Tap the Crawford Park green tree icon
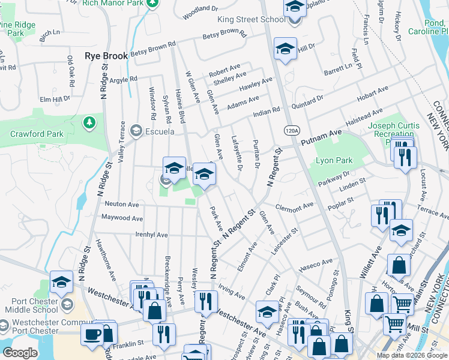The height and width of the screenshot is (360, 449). coord(89,122)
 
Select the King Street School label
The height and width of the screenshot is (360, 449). coord(251,19)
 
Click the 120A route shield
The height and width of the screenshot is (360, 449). coord(291,130)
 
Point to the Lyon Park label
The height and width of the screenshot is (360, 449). coord(334,161)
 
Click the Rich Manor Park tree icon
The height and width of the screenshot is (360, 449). coord(154,3)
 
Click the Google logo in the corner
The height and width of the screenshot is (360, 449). coord(20,353)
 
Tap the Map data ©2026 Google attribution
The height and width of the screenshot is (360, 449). coord(412,355)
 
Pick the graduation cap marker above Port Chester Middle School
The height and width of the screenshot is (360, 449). coord(61,281)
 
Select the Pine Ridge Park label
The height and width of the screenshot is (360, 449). coord(19,29)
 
